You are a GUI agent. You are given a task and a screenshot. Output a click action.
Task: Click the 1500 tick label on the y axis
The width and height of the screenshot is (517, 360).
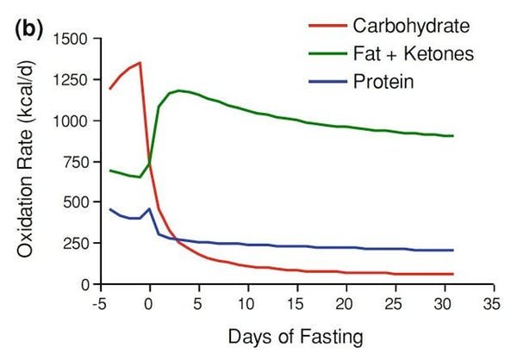(72, 40)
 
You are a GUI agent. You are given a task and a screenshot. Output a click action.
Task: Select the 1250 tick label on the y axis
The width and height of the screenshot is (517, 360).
(72, 80)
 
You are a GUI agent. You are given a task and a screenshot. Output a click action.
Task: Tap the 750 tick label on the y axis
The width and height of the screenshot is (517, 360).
(76, 162)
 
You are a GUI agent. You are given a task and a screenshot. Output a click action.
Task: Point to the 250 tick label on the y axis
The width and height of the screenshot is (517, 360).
(76, 244)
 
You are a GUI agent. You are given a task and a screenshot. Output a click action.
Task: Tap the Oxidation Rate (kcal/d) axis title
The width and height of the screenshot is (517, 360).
(28, 162)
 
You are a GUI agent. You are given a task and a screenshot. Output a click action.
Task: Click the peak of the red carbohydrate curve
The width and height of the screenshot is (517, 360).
(140, 62)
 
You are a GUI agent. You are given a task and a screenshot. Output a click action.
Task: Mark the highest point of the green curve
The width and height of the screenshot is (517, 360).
(178, 90)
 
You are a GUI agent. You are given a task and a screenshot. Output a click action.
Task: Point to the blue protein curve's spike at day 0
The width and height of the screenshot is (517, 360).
(150, 208)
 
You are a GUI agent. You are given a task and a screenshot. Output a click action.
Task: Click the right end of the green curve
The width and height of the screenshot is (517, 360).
(453, 136)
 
